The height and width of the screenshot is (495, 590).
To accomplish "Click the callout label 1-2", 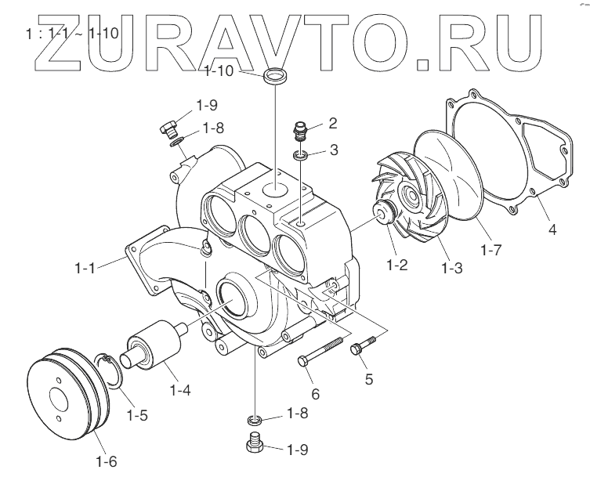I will [x=397, y=264].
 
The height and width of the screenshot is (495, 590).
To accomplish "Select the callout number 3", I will [x=334, y=149].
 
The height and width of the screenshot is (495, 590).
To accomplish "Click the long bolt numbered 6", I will [x=321, y=351].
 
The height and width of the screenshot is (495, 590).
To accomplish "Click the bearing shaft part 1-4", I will [x=156, y=345].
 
